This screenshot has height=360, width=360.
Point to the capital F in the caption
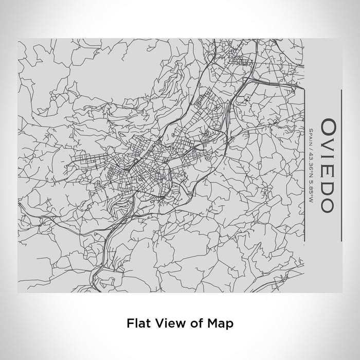click(x=129, y=323)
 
